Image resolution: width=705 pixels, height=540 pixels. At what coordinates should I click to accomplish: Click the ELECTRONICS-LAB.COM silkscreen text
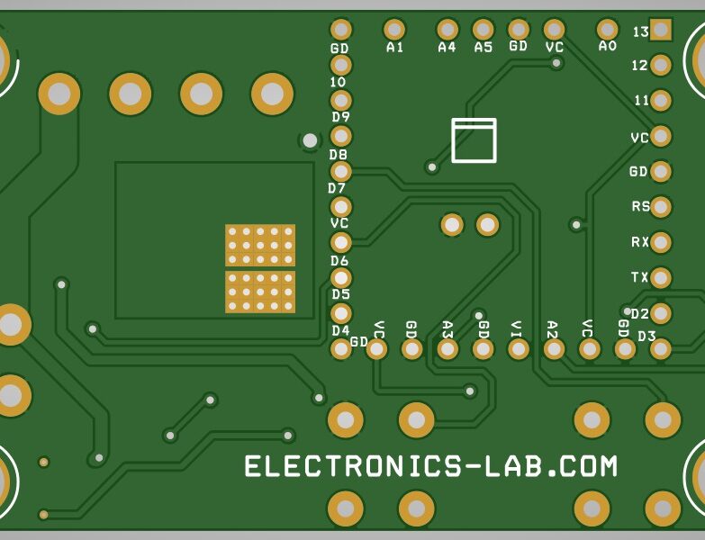[431, 466]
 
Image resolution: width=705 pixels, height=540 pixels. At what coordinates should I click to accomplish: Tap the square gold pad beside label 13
[661, 30]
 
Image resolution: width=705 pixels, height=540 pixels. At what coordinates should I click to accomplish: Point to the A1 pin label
[394, 47]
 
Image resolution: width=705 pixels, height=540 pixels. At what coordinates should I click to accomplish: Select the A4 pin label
[447, 47]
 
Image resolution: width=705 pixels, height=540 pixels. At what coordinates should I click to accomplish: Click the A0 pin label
[608, 46]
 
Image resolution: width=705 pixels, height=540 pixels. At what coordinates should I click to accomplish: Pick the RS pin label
[640, 206]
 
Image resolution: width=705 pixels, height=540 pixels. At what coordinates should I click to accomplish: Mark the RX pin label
[640, 242]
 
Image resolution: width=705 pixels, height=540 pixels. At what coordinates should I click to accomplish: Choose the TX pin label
[640, 277]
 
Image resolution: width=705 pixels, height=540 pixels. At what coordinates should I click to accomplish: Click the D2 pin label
[639, 313]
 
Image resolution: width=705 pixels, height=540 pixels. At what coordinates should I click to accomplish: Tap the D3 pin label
[646, 336]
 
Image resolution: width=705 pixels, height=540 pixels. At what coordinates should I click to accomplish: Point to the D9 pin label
[340, 117]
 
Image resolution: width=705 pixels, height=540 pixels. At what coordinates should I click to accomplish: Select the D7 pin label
[337, 188]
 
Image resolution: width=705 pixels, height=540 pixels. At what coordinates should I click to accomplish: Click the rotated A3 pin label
[447, 329]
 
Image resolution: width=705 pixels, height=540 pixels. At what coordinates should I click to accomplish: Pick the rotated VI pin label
[516, 329]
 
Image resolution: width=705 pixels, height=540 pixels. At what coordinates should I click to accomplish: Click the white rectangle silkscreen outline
[474, 140]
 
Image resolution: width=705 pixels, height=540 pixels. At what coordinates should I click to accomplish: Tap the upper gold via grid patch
[260, 245]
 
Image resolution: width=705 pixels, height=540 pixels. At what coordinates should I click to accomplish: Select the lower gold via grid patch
[260, 292]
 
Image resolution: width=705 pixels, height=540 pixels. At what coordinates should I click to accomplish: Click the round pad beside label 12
[661, 66]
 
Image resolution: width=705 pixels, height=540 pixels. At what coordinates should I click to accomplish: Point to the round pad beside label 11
[661, 101]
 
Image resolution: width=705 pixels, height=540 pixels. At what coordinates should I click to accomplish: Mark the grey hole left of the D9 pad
[310, 140]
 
